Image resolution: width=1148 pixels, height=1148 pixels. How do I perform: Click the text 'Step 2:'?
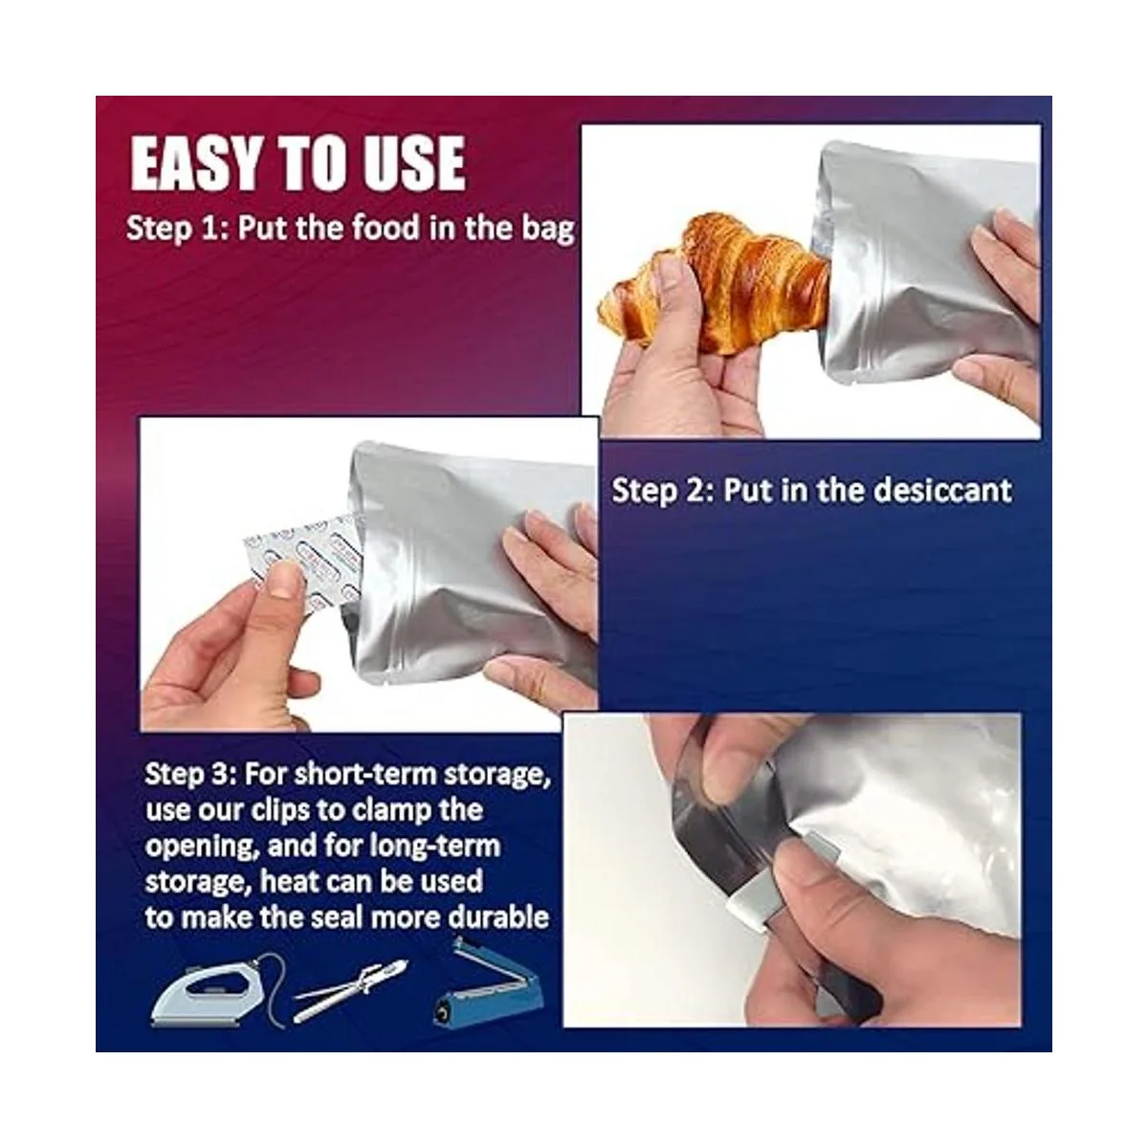click(x=663, y=491)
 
